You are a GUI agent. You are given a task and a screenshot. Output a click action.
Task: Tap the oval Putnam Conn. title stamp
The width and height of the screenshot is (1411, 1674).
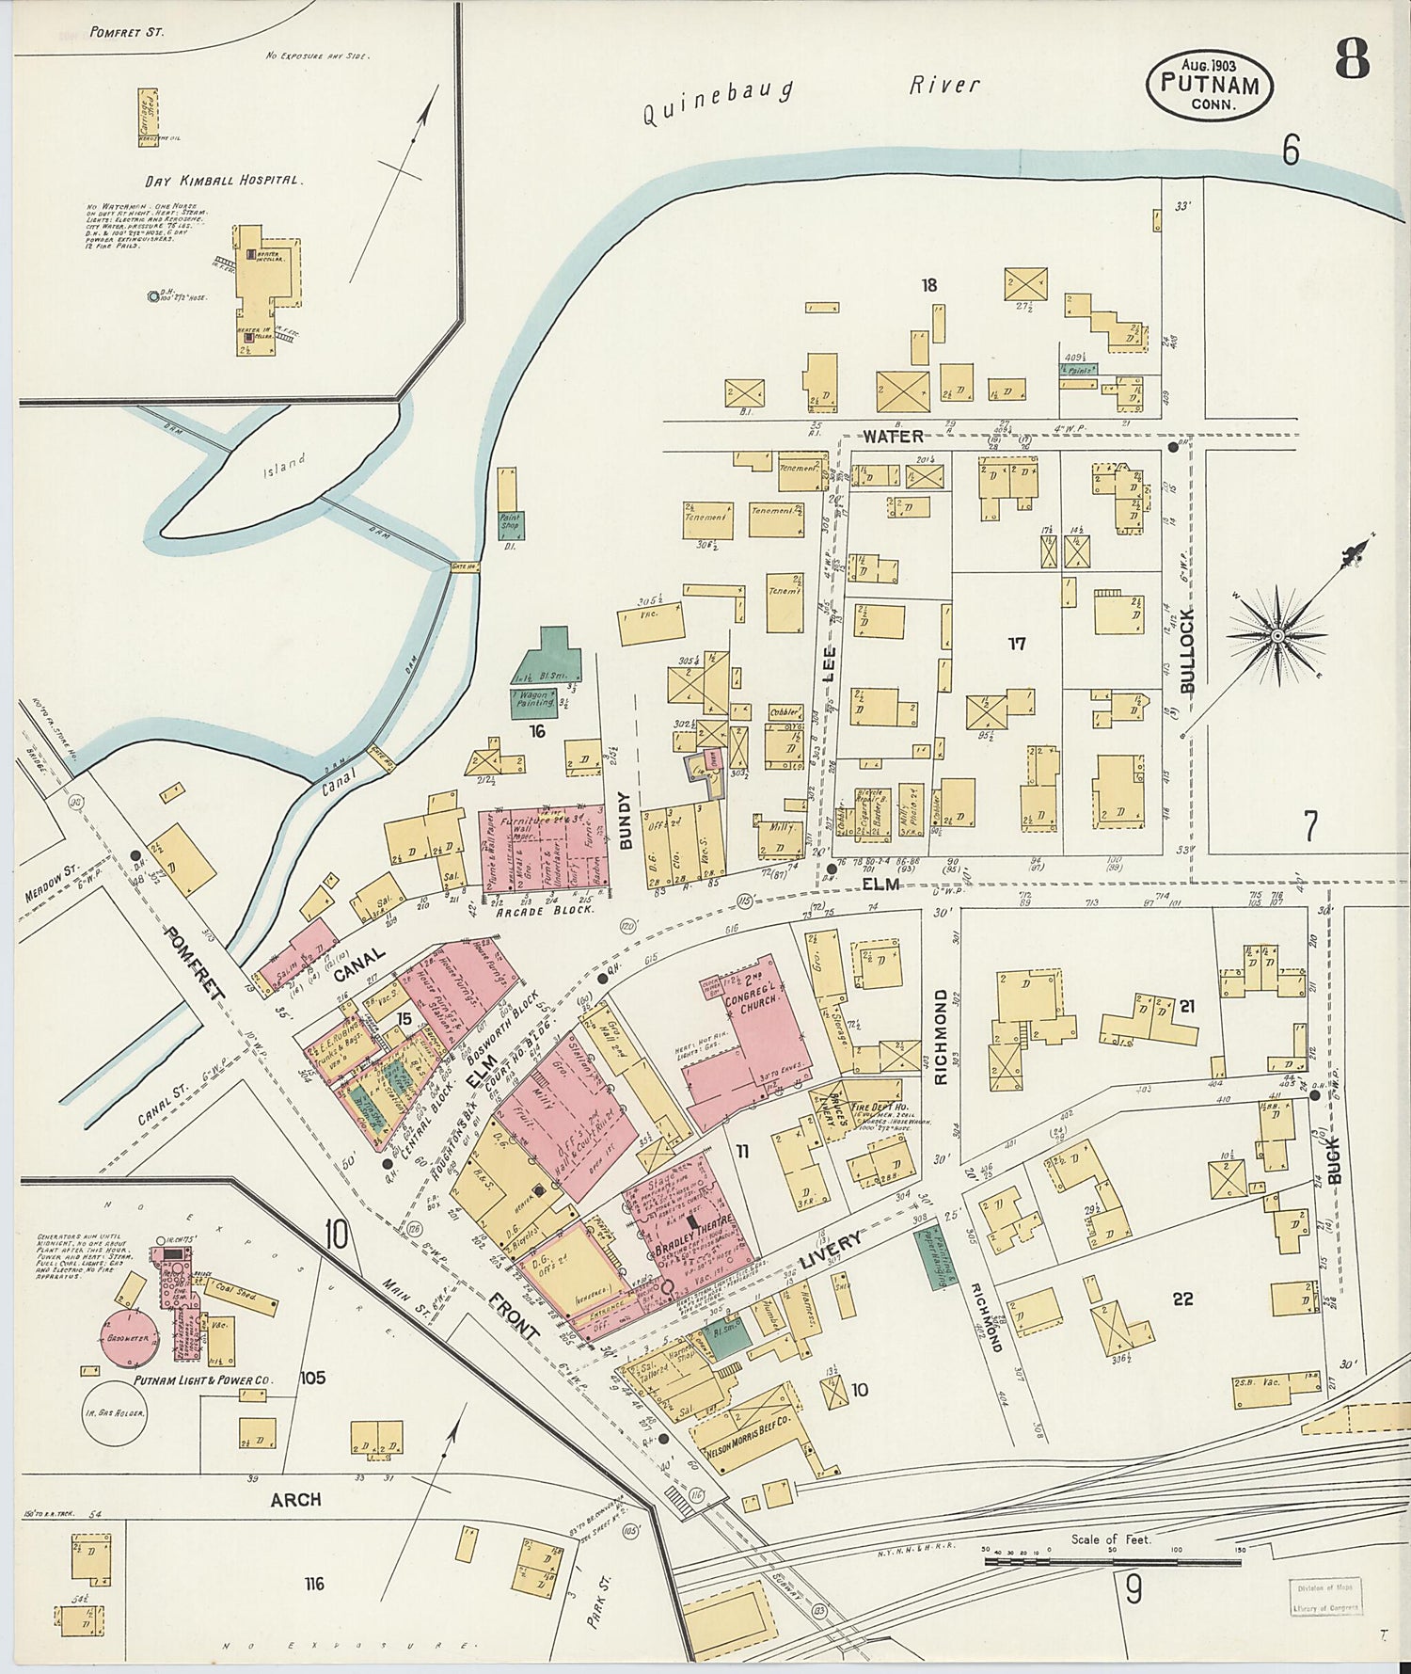click(1209, 85)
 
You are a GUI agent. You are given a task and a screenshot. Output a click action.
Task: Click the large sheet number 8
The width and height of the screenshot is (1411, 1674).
click(1352, 62)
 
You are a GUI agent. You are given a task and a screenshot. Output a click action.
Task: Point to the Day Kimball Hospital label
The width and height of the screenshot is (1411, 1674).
click(223, 180)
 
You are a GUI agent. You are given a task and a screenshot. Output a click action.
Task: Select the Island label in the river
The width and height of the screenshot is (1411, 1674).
click(285, 464)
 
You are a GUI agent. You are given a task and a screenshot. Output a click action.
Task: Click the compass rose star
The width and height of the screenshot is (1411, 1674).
click(1277, 636)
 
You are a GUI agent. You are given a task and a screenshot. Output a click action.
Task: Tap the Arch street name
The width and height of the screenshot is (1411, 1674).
click(295, 1500)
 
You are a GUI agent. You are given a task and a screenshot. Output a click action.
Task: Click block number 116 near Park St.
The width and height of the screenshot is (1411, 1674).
click(314, 1585)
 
